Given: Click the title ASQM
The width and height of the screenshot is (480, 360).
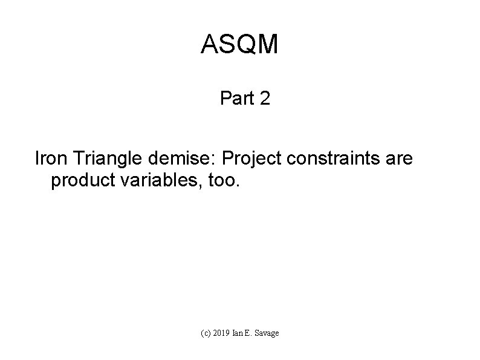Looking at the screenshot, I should [239, 45].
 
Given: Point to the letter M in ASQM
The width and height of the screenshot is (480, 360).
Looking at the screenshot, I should [267, 45].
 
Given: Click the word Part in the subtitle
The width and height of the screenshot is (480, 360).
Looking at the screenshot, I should [238, 98].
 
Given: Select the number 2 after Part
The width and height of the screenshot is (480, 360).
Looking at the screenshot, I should [264, 98].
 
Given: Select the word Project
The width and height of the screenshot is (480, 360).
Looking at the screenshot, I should [246, 159].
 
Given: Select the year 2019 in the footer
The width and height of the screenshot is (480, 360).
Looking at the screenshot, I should [222, 333].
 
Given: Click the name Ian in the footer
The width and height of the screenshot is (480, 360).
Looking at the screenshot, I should [239, 333].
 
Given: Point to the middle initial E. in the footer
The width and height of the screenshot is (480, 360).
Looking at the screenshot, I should [250, 333].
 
